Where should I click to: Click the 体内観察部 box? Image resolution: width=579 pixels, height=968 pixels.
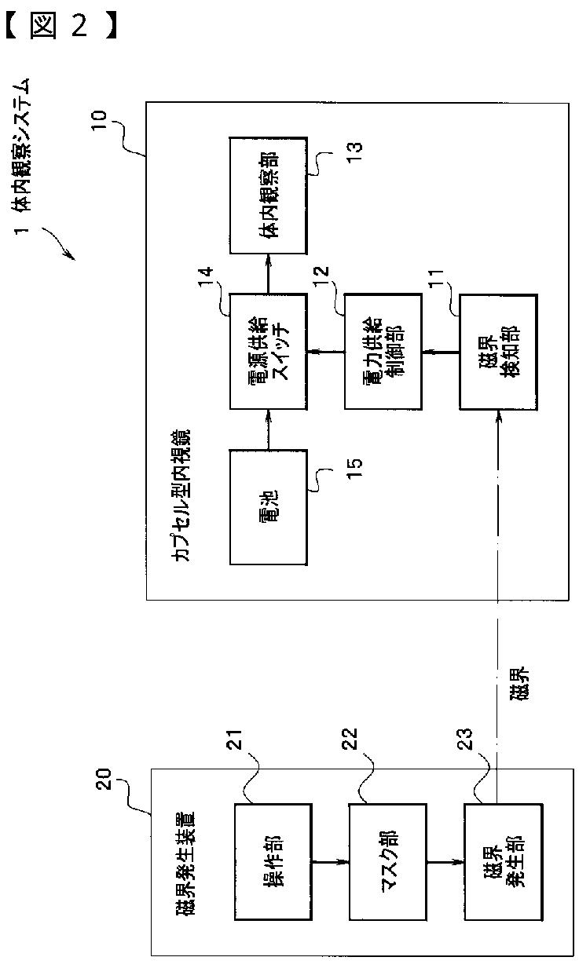268,195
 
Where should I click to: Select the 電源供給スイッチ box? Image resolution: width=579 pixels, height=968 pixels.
268,352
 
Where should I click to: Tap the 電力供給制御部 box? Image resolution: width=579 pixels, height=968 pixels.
383,352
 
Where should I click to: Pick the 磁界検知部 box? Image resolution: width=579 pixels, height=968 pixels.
498,352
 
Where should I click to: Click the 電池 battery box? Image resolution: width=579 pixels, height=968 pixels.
268,507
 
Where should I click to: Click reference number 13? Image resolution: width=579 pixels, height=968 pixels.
354,152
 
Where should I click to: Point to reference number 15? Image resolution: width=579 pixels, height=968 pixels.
354,468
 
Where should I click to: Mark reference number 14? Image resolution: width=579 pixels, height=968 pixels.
205,277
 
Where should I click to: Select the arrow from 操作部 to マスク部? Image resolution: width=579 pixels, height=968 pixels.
331,862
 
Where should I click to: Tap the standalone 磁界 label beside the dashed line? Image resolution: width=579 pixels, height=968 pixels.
518,684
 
